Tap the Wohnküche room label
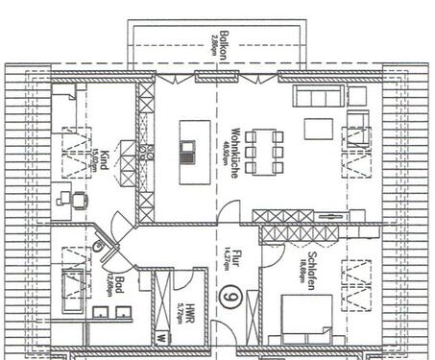[234, 141]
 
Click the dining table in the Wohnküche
[263, 149]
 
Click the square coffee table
[316, 129]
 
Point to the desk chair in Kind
[66, 199]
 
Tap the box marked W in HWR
[162, 338]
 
